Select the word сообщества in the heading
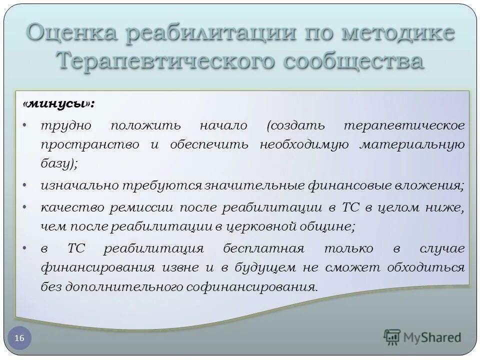pyautogui.click(x=353, y=61)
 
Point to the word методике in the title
pyautogui.click(x=396, y=34)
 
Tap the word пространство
pyautogui.click(x=90, y=144)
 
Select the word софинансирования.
pyautogui.click(x=266, y=287)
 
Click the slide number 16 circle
pyautogui.click(x=19, y=338)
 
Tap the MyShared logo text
pyautogui.click(x=433, y=337)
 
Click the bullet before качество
pyautogui.click(x=25, y=206)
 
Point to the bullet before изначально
pyautogui.click(x=25, y=185)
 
